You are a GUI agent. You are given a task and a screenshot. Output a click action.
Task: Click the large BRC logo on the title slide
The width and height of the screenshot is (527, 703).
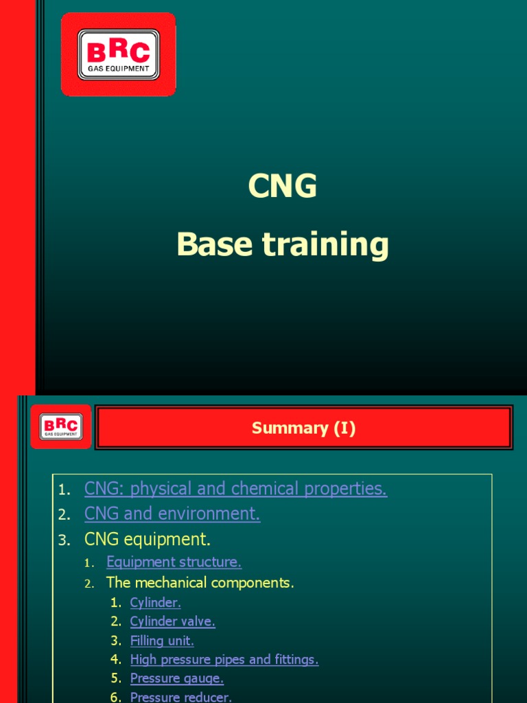tap(119, 54)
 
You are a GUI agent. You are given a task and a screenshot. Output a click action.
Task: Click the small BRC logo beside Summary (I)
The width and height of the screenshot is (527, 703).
tap(60, 426)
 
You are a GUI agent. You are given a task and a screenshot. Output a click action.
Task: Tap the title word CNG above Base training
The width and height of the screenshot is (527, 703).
tap(283, 186)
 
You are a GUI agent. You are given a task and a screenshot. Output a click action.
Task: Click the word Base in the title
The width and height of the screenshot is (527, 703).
tap(213, 244)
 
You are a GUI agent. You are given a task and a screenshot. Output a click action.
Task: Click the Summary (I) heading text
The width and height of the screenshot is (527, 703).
tap(303, 428)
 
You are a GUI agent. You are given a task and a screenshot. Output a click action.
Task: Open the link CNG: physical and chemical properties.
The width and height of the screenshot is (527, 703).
tap(235, 489)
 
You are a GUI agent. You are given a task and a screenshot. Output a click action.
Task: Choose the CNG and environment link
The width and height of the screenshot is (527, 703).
tap(172, 514)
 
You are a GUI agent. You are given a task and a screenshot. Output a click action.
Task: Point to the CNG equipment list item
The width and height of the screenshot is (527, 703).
tap(147, 538)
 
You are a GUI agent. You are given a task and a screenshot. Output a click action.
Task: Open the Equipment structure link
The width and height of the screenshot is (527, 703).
tap(174, 562)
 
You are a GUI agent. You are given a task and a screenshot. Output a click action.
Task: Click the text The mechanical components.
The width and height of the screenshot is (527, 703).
tap(200, 583)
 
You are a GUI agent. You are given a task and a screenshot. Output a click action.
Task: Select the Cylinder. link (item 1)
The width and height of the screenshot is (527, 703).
tap(155, 603)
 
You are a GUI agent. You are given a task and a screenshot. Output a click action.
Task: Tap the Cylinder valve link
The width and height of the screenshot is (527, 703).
tap(172, 621)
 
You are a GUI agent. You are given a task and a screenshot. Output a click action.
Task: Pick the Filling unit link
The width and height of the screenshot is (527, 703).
tap(162, 641)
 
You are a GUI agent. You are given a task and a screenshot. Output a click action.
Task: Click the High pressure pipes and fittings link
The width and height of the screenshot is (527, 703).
tap(224, 660)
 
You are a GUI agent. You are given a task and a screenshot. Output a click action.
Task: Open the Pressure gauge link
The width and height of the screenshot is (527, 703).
tap(176, 678)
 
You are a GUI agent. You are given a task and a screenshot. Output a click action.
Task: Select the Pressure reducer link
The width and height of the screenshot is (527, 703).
tap(180, 697)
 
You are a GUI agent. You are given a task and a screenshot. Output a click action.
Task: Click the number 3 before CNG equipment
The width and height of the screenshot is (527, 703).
tap(64, 540)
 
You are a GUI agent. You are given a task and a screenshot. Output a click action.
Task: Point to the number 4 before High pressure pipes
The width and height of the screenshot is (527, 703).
tap(115, 660)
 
